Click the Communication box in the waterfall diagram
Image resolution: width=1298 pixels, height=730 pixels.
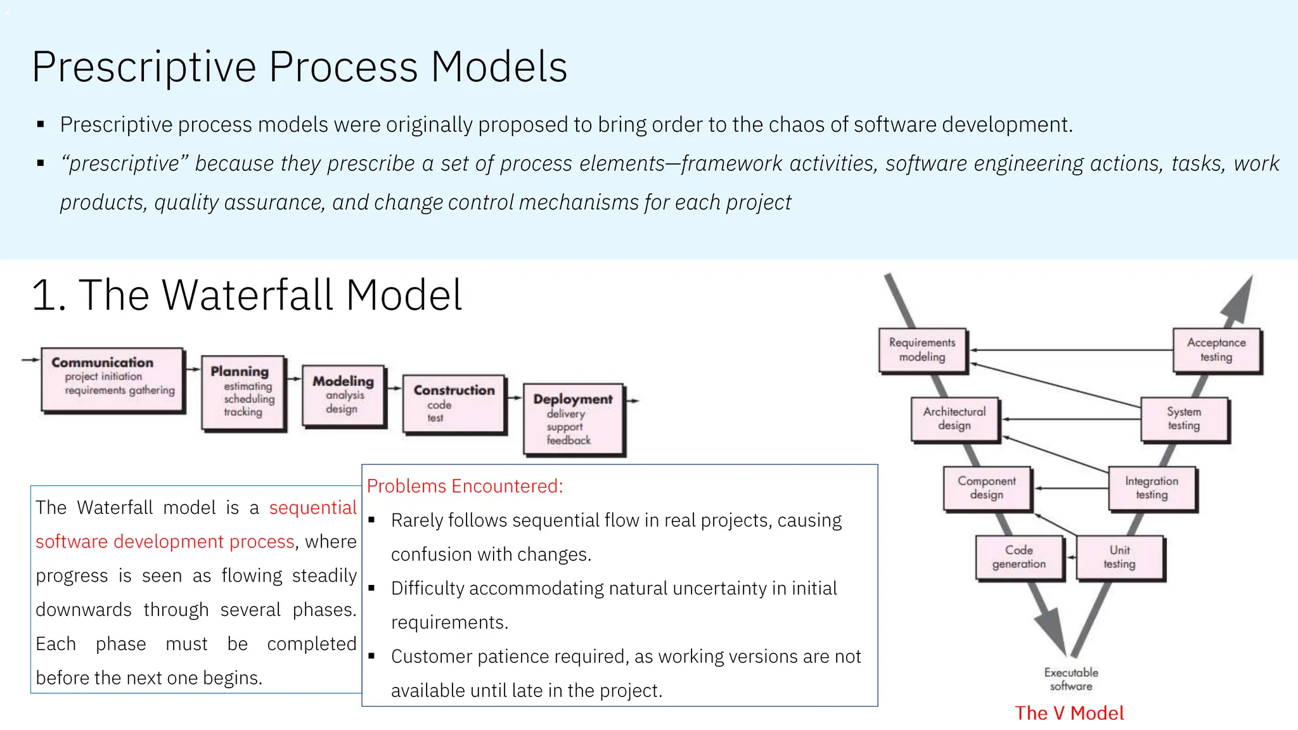point(113,379)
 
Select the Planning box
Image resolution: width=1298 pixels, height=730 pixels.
point(243,392)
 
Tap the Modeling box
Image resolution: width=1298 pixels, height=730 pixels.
point(344,395)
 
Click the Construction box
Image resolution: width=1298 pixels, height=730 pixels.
point(454,403)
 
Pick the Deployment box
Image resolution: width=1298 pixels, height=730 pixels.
point(573,418)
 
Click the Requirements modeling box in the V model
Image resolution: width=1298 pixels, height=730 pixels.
point(922,350)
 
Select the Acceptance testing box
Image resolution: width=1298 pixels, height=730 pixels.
point(1216,350)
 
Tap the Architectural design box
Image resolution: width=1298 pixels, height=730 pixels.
point(954,419)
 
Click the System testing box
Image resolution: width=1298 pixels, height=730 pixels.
point(1184,419)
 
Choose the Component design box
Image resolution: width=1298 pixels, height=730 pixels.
point(987,488)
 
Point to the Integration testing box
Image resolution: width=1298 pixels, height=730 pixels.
point(1152,488)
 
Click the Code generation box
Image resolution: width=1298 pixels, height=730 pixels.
point(1019,557)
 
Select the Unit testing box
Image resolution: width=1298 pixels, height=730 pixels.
point(1119,557)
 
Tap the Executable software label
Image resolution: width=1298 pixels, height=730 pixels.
point(1071,679)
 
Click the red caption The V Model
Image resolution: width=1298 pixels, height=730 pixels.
point(1069,713)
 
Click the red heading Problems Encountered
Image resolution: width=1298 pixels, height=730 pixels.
point(465,486)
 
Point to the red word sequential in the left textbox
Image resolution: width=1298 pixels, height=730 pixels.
point(313,508)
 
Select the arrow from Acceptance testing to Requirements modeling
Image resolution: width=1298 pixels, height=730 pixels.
point(1071,350)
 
